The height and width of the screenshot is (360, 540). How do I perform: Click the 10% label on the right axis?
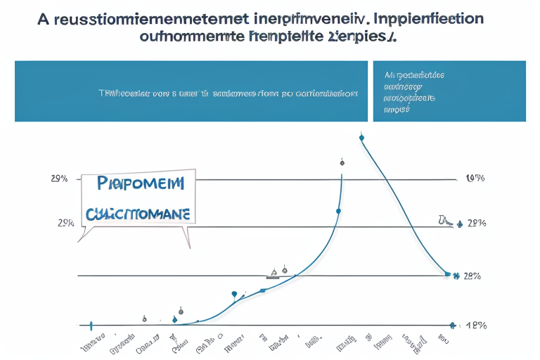pos(475,179)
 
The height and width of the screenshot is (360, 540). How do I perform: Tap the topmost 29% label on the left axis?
pos(59,179)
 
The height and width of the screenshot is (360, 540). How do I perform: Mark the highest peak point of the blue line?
pos(361,138)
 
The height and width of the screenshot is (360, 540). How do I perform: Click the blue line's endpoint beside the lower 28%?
pos(447,274)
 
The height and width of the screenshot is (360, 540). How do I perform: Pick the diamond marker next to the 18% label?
pos(452,326)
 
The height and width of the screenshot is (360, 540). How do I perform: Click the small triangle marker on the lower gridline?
pos(274,271)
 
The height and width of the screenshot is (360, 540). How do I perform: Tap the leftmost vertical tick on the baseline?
pos(91,326)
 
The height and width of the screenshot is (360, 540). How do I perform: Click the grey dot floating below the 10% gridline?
pos(342,162)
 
